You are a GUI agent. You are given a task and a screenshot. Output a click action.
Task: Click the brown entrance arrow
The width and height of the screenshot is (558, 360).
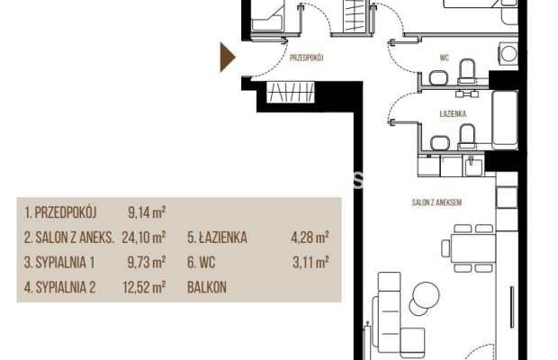[228, 58]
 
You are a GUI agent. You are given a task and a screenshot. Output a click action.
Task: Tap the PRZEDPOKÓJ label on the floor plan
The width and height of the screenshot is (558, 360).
[306, 58]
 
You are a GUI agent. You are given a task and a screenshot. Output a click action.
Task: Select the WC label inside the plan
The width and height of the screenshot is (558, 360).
[444, 58]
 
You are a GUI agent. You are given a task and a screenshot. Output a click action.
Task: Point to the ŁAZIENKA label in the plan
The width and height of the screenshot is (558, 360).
[453, 113]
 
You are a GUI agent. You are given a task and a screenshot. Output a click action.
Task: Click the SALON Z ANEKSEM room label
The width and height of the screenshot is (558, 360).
[436, 202]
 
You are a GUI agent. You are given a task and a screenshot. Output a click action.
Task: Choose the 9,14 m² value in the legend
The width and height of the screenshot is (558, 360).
[147, 212]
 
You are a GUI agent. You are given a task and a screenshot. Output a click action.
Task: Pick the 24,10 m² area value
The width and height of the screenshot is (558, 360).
[144, 238]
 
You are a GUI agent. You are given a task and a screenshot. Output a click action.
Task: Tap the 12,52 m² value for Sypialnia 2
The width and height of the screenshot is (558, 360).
[144, 287]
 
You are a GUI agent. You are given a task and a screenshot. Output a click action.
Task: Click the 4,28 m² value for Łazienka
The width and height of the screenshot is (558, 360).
[310, 238]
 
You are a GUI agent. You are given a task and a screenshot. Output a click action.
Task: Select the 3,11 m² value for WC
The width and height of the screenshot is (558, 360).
[310, 263]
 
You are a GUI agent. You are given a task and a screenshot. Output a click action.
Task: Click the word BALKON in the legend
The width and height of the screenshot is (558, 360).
[207, 287]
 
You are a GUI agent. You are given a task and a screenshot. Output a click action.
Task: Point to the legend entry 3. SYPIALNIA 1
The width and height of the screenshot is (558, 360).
[59, 263]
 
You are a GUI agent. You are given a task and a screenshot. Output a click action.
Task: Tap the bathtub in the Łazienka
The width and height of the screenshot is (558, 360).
[505, 121]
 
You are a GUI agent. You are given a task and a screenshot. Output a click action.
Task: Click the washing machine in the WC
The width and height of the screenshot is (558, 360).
[508, 54]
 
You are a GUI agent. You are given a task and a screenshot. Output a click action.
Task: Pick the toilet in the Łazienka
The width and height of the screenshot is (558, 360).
[466, 137]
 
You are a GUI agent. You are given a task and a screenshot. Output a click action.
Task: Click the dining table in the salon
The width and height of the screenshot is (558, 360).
[472, 247]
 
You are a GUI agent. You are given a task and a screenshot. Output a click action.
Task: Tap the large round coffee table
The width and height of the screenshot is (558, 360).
[426, 295]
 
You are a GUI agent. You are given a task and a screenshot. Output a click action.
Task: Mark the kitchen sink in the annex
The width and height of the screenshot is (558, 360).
[472, 166]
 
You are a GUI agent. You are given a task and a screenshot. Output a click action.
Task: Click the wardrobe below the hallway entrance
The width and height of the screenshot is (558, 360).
[291, 92]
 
